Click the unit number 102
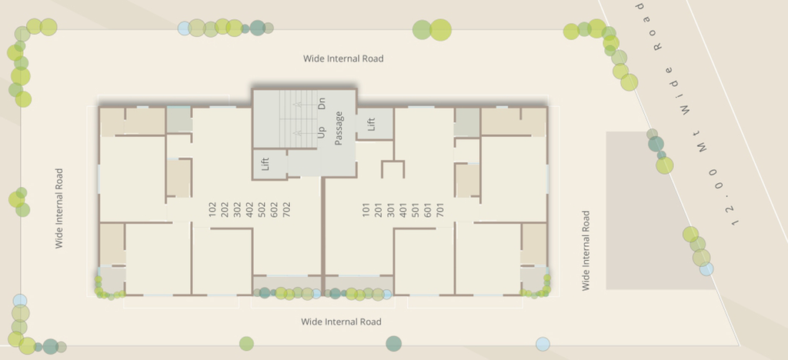point(212,209)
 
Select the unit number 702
point(286,209)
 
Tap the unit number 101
point(366,209)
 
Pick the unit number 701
point(440,209)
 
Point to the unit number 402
point(249,209)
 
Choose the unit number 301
point(390,209)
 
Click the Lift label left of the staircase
point(265,164)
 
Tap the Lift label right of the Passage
point(371,124)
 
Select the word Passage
point(339,128)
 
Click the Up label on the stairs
point(322,132)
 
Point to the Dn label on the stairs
point(322,104)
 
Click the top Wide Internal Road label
point(343,58)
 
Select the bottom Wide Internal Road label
point(341,322)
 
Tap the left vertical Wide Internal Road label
point(59,208)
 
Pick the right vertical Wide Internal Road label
point(586,251)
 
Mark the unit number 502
point(262,209)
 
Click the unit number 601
point(428,209)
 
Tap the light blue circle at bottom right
point(543,344)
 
